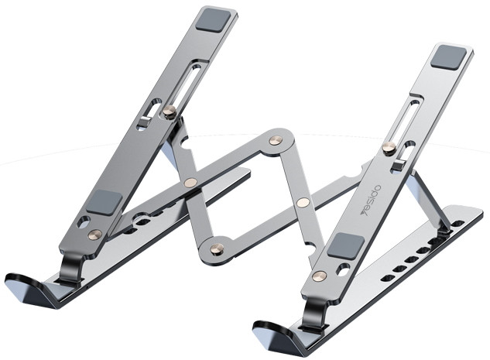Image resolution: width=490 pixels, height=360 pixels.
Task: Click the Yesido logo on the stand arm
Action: point(371,201)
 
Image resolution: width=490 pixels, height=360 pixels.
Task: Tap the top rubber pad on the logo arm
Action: point(450,57)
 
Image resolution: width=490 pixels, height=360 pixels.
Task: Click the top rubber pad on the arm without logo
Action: point(214,20)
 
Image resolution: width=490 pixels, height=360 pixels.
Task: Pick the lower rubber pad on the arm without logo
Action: point(105,202)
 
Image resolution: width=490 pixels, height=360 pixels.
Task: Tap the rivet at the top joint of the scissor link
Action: point(276,140)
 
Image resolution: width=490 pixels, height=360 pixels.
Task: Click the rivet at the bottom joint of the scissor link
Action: point(218,249)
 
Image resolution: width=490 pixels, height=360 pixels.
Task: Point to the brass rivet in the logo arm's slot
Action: point(389,148)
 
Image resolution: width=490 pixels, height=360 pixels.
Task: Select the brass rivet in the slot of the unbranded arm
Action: point(170,111)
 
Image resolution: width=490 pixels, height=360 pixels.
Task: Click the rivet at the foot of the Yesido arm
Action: point(320,276)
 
